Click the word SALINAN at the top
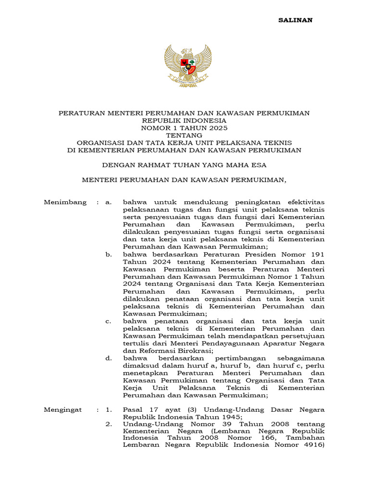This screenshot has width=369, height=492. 296,20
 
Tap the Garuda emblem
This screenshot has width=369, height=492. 188,65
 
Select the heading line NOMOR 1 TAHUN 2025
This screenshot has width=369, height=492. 184,128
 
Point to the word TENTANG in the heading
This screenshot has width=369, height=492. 184,135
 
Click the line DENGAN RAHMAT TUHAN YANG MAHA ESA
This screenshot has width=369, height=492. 184,165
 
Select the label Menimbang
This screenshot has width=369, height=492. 65,202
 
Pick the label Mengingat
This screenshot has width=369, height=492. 63,410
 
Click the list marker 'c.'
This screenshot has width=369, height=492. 109,321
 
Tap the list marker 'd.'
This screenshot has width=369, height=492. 109,358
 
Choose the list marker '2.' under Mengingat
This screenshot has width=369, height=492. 109,424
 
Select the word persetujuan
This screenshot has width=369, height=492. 301,336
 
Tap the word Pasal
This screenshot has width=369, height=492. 133,410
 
